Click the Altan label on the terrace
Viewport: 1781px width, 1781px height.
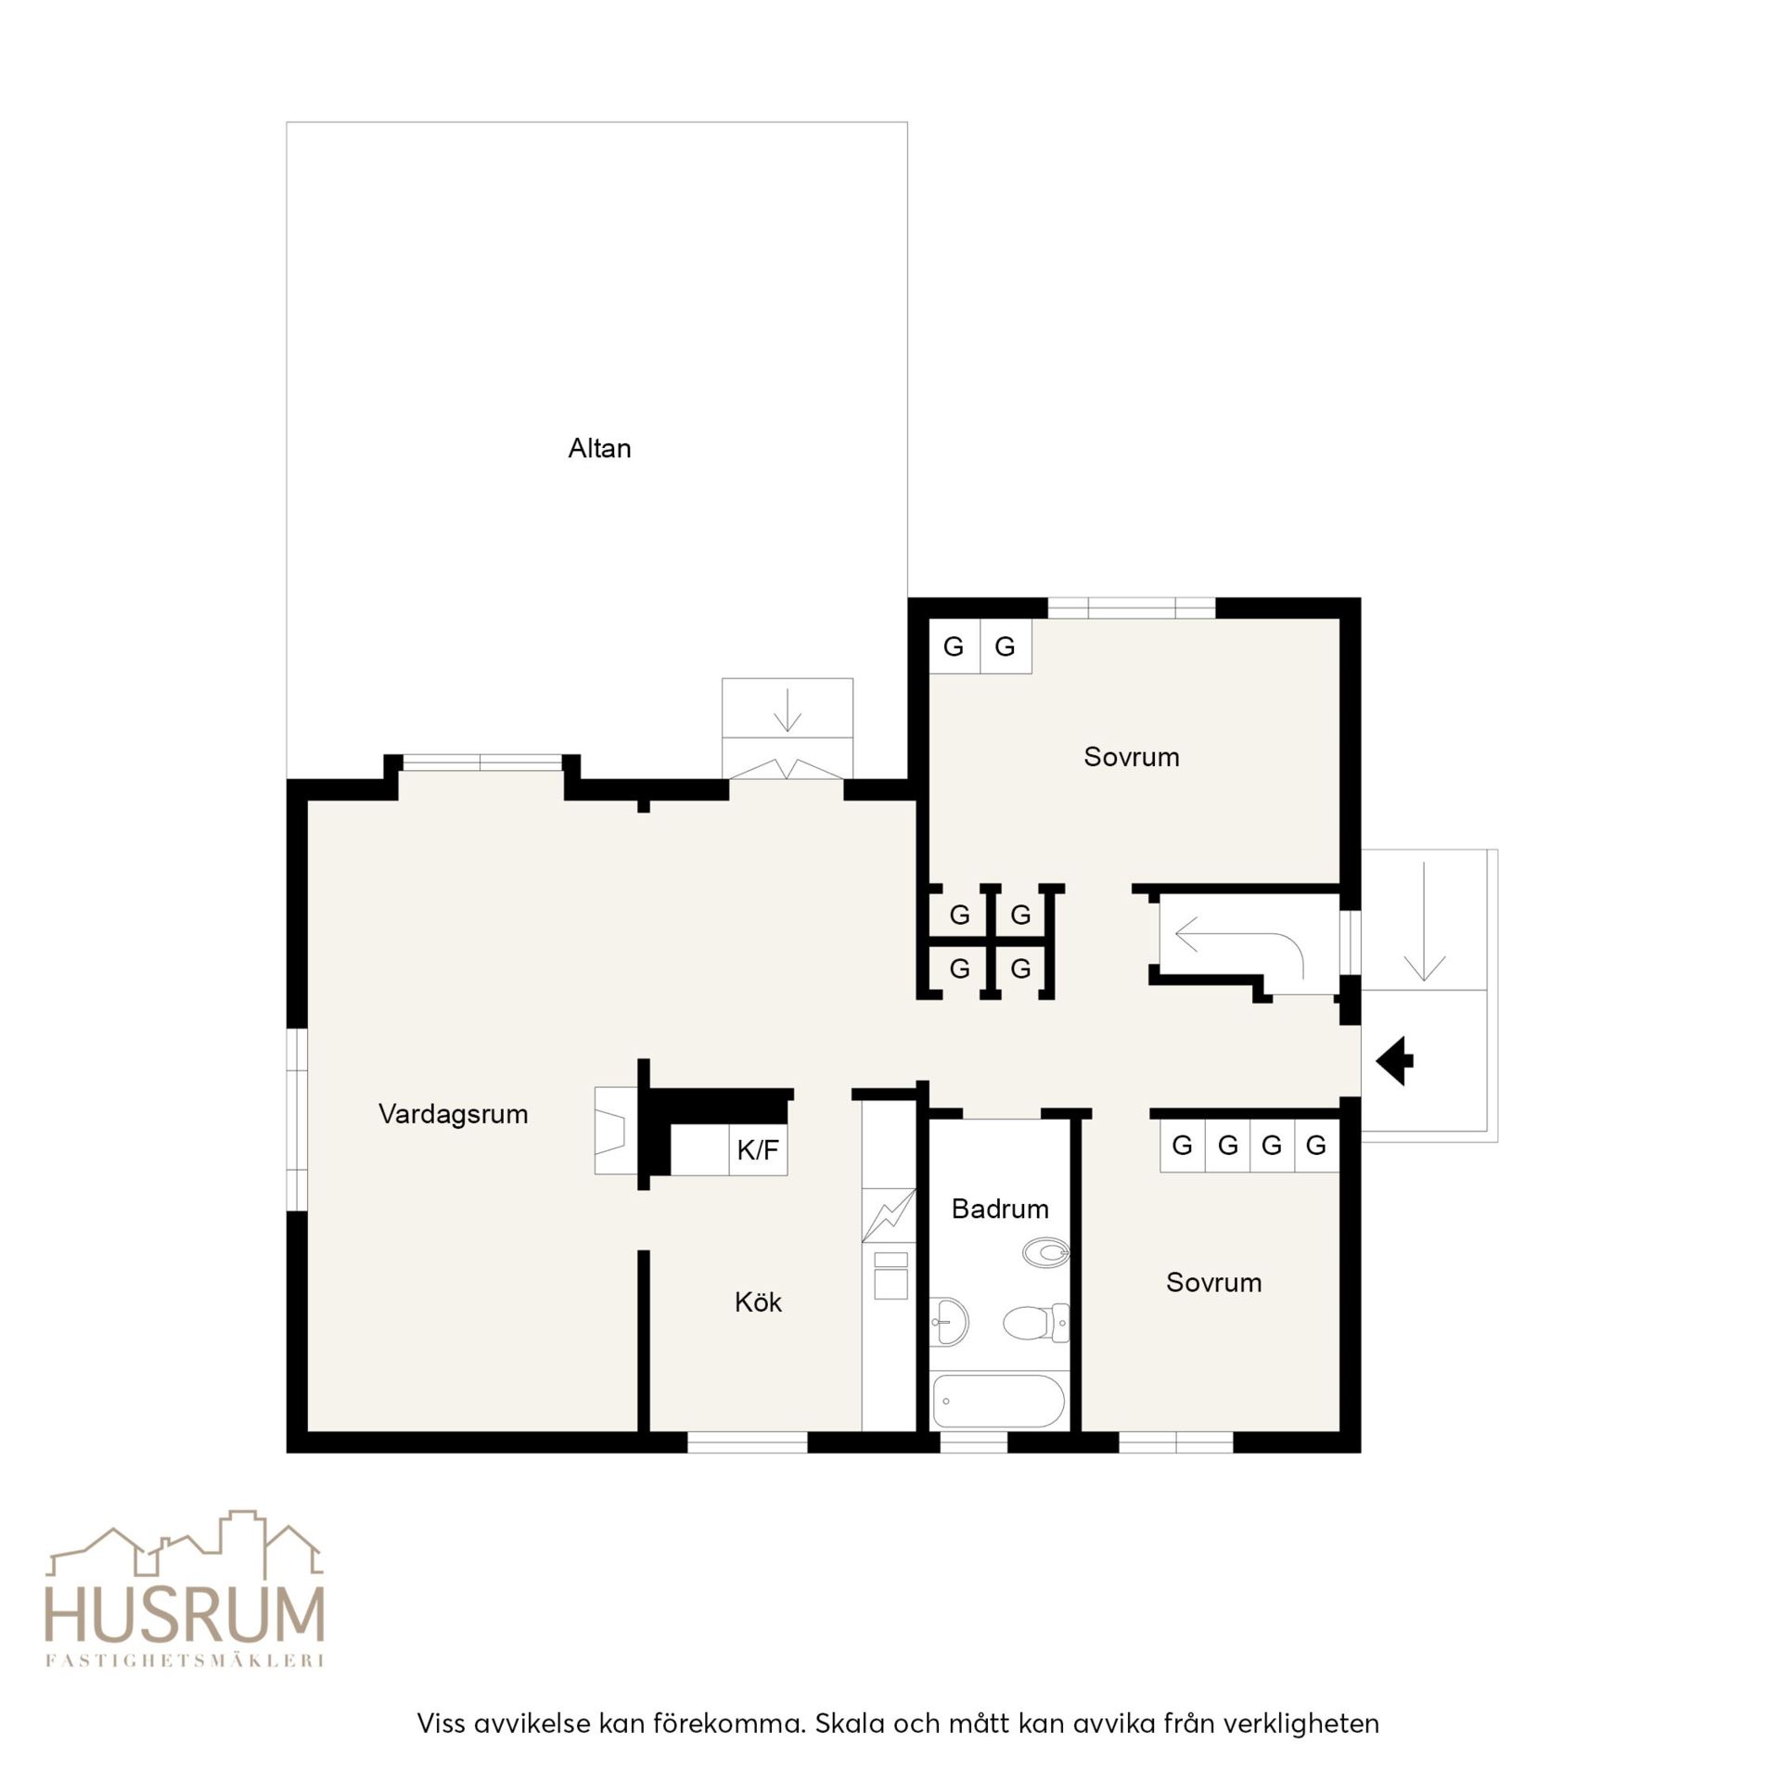tap(599, 449)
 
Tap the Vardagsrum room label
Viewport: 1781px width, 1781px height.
tap(453, 1114)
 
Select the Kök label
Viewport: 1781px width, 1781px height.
tap(758, 1302)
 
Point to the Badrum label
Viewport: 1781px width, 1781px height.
tap(1000, 1209)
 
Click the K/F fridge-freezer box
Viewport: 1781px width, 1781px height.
tap(758, 1150)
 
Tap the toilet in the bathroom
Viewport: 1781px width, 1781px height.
tap(1036, 1323)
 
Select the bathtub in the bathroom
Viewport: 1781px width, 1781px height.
tap(998, 1402)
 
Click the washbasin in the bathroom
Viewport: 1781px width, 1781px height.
tap(948, 1319)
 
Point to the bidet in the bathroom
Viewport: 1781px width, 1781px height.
tap(1046, 1253)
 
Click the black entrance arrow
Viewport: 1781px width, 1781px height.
tap(1394, 1060)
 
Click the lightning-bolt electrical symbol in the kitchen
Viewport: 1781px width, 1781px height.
tap(889, 1215)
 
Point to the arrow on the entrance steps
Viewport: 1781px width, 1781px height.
tap(1425, 921)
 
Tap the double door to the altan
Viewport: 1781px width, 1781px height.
tap(788, 769)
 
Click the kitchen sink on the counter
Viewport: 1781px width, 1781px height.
tap(890, 1276)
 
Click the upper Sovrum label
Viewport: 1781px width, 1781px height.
tap(1132, 757)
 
